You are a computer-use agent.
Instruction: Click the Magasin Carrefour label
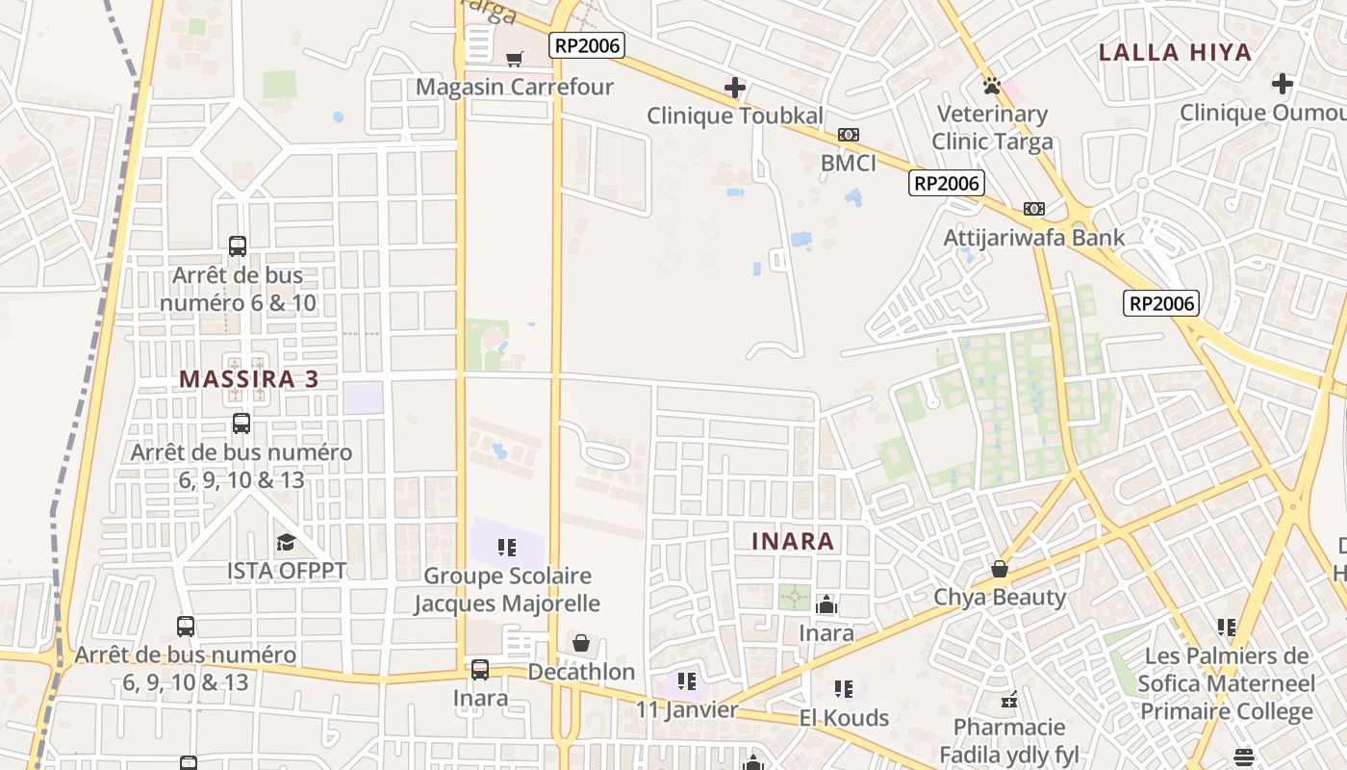pos(514,87)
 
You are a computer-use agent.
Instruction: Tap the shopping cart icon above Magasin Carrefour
pos(515,59)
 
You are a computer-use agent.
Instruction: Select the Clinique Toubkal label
pos(734,116)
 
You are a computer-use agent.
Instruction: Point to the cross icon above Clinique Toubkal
pos(734,88)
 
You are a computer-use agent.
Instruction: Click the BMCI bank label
pos(848,163)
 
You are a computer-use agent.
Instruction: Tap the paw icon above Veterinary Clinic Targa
pos(992,86)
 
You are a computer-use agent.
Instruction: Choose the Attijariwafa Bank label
pos(1033,237)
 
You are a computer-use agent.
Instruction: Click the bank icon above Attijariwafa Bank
pos(1034,209)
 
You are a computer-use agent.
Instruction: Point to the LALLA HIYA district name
pos(1175,52)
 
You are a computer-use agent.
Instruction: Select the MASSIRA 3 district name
pos(248,379)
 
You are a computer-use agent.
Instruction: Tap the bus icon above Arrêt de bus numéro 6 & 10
pos(238,246)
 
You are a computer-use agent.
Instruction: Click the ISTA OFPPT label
pos(286,570)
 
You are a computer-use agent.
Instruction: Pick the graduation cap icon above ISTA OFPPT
pos(286,543)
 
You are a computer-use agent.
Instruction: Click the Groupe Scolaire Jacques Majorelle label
pos(507,589)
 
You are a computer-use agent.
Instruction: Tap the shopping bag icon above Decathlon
pos(581,643)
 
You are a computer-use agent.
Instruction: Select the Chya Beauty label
pos(1000,597)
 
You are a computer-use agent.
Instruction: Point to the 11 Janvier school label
pos(686,710)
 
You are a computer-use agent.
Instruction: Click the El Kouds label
pos(844,717)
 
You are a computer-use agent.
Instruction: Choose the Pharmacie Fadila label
pos(1008,740)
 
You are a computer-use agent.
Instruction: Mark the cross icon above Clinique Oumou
pos(1282,84)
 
